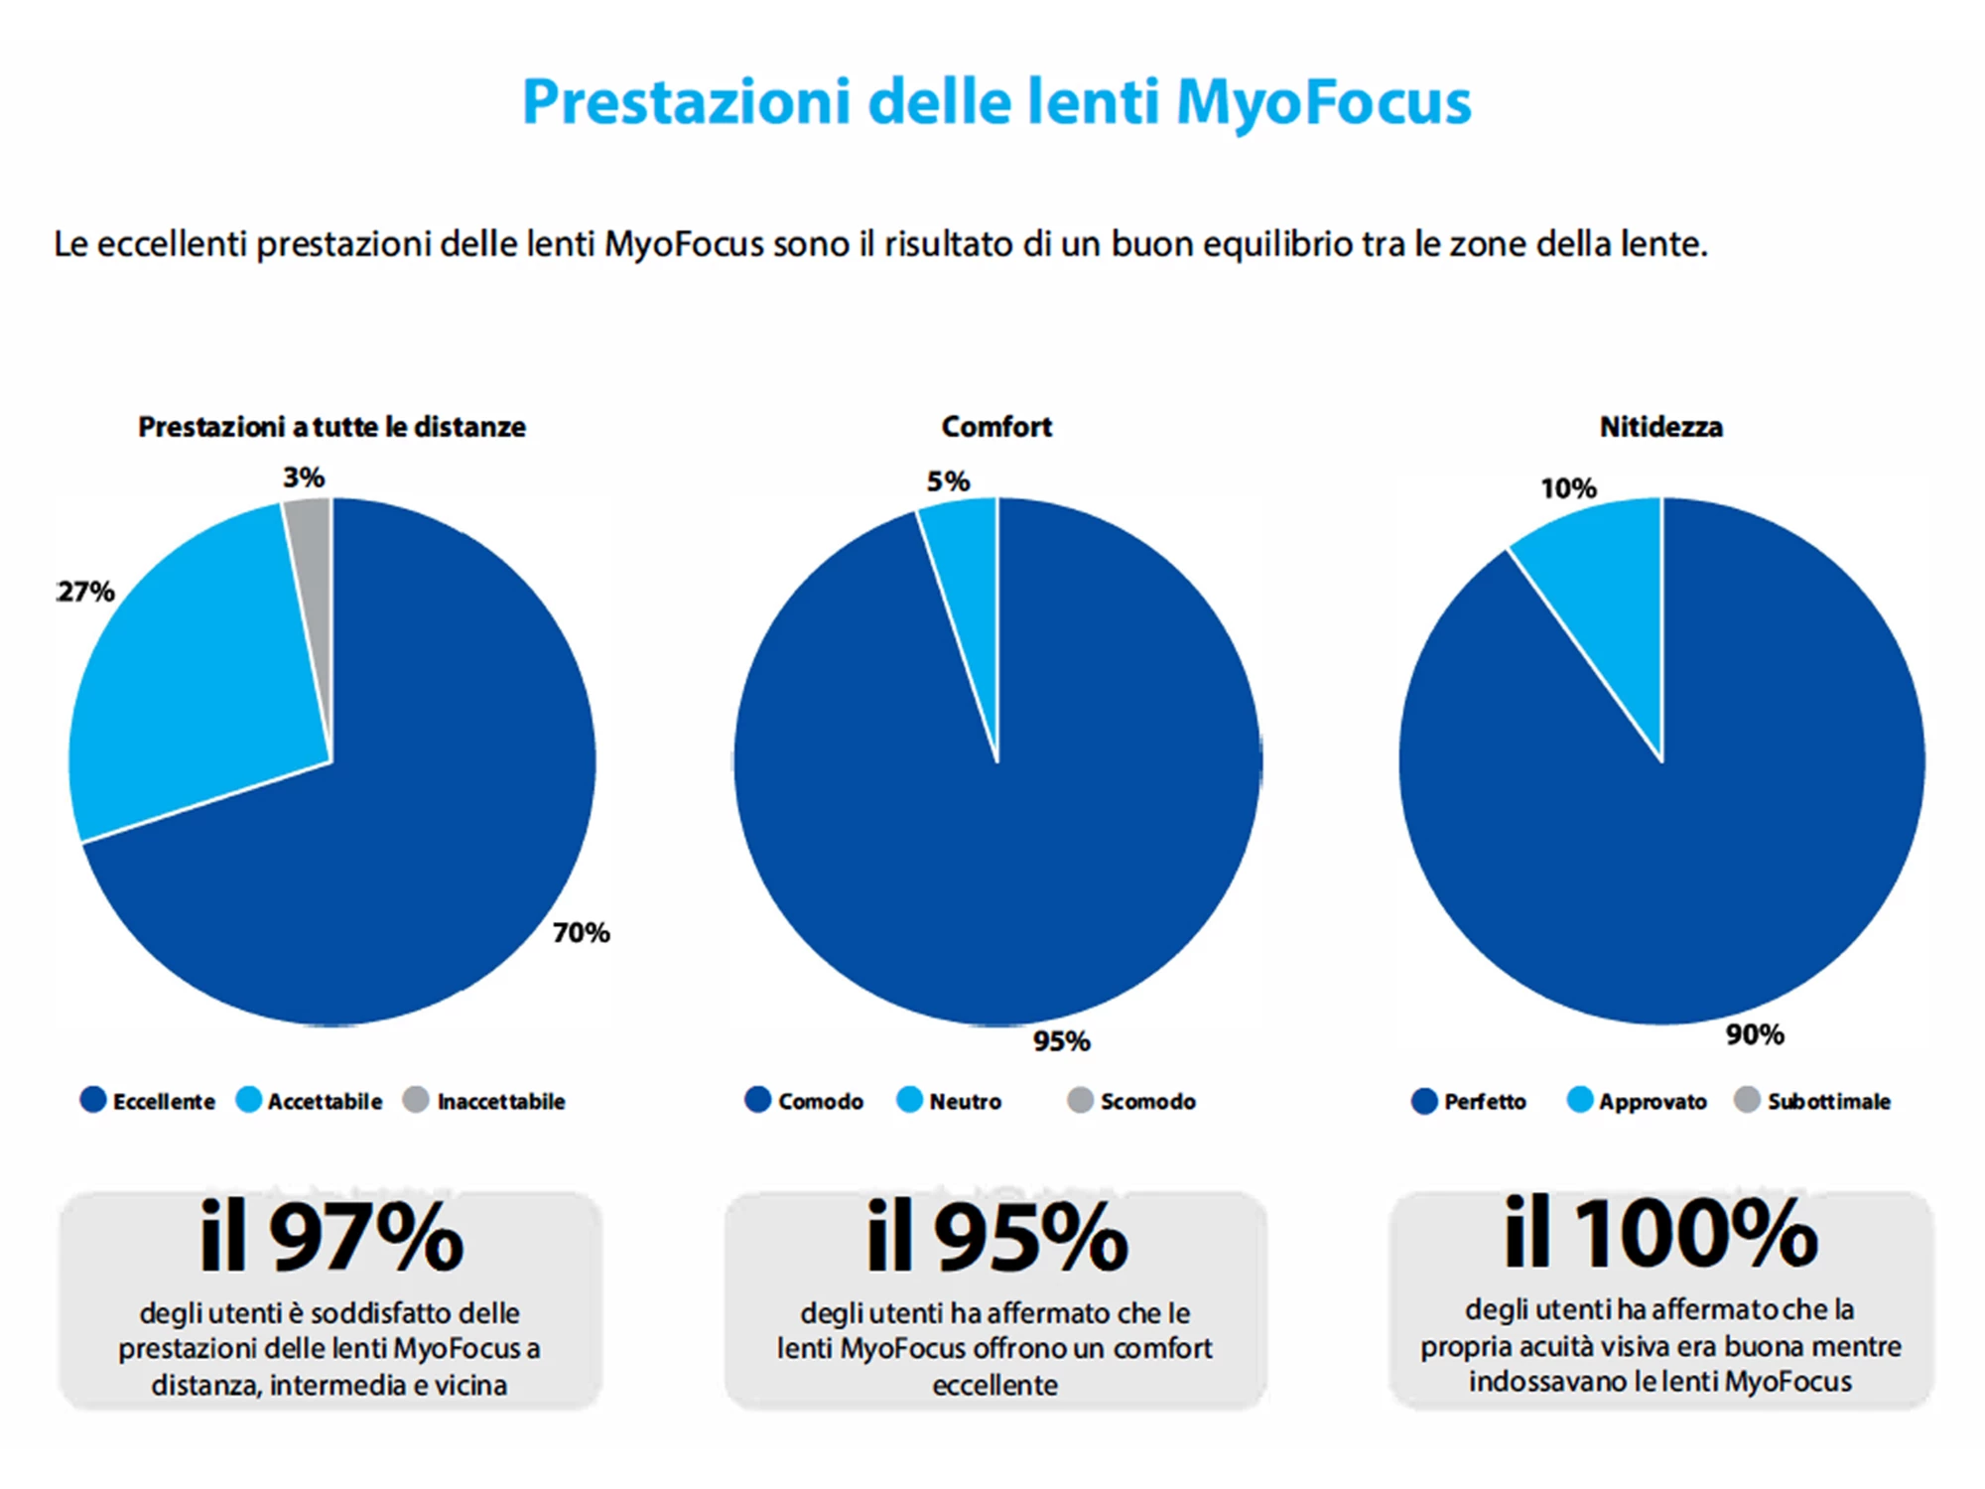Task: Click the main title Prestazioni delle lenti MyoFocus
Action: [x=995, y=102]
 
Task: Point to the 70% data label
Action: [x=581, y=932]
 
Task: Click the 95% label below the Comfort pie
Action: [x=1061, y=1040]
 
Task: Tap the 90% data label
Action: [x=1754, y=1034]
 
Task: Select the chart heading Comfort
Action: [x=995, y=427]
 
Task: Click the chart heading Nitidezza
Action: [x=1660, y=427]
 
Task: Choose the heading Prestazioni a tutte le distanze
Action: [x=331, y=427]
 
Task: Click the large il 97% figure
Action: [x=331, y=1237]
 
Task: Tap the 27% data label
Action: [x=86, y=592]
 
